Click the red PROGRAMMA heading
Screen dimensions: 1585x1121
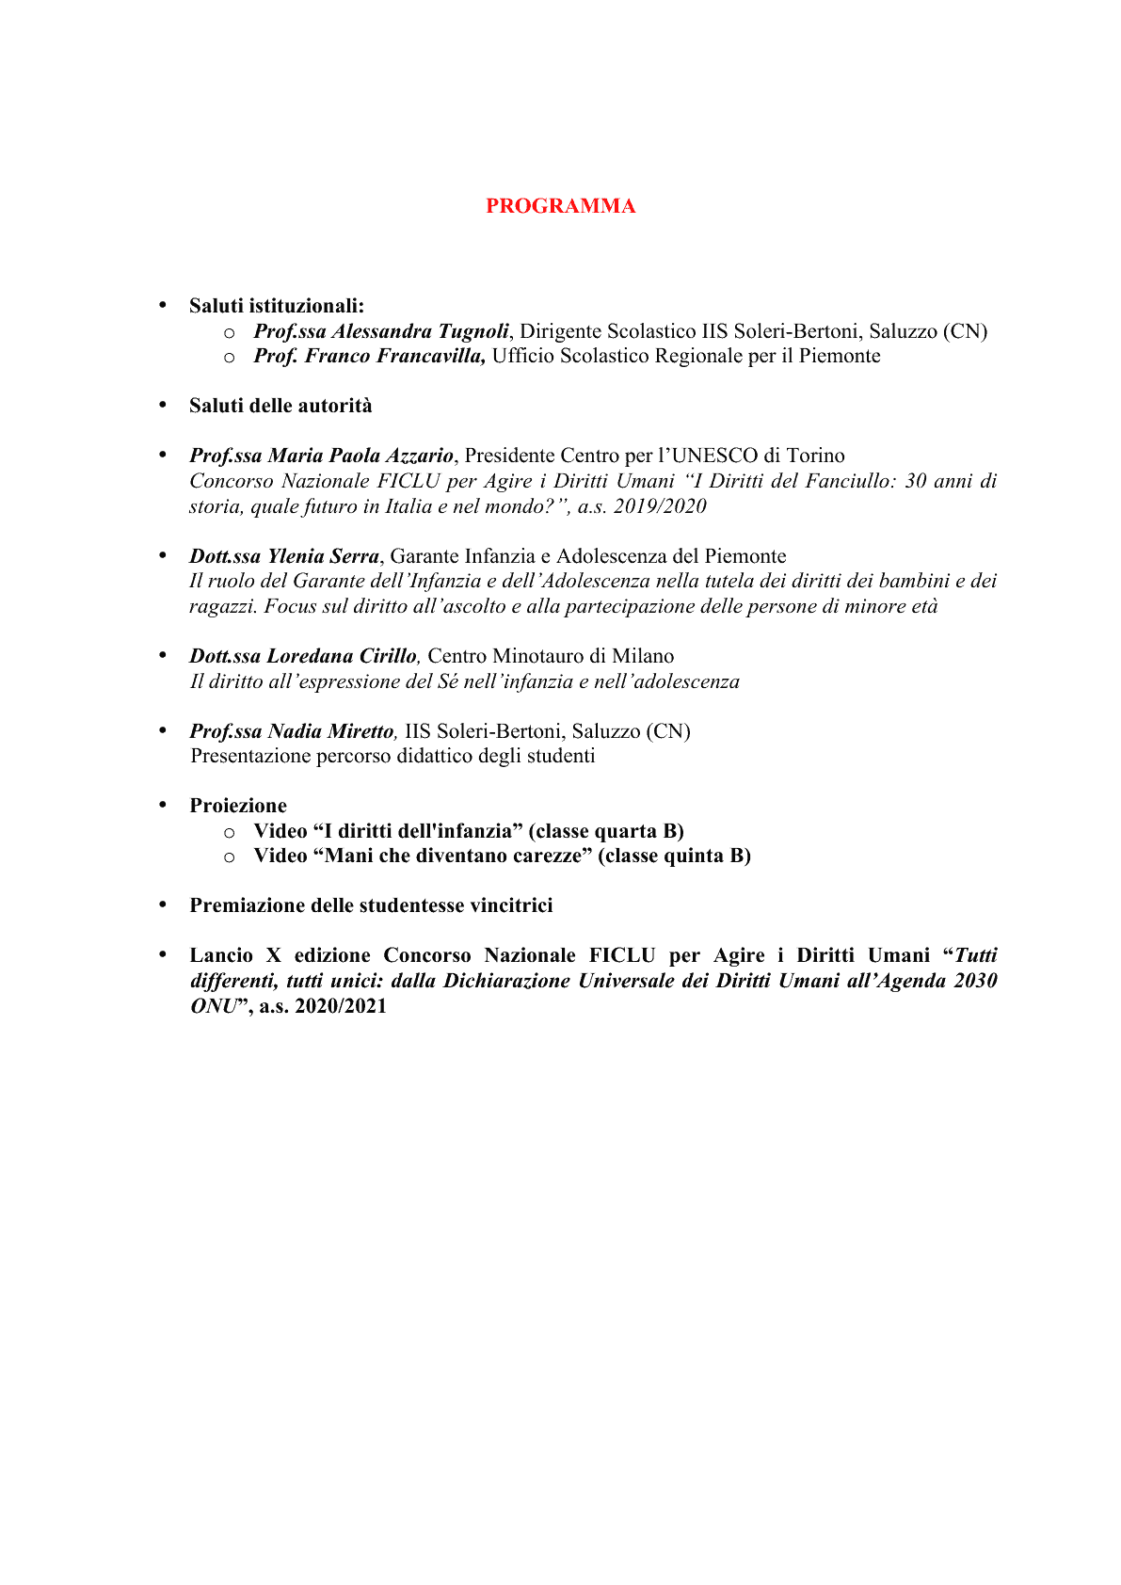pos(560,206)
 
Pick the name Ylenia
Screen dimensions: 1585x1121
pos(296,556)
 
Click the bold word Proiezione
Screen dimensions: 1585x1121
pos(238,806)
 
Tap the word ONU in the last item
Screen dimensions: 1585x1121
pos(212,1006)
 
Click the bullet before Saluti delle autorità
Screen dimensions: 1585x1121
pos(162,405)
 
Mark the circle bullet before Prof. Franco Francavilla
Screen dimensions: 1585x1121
pos(229,357)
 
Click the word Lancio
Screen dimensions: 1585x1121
pos(221,955)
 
